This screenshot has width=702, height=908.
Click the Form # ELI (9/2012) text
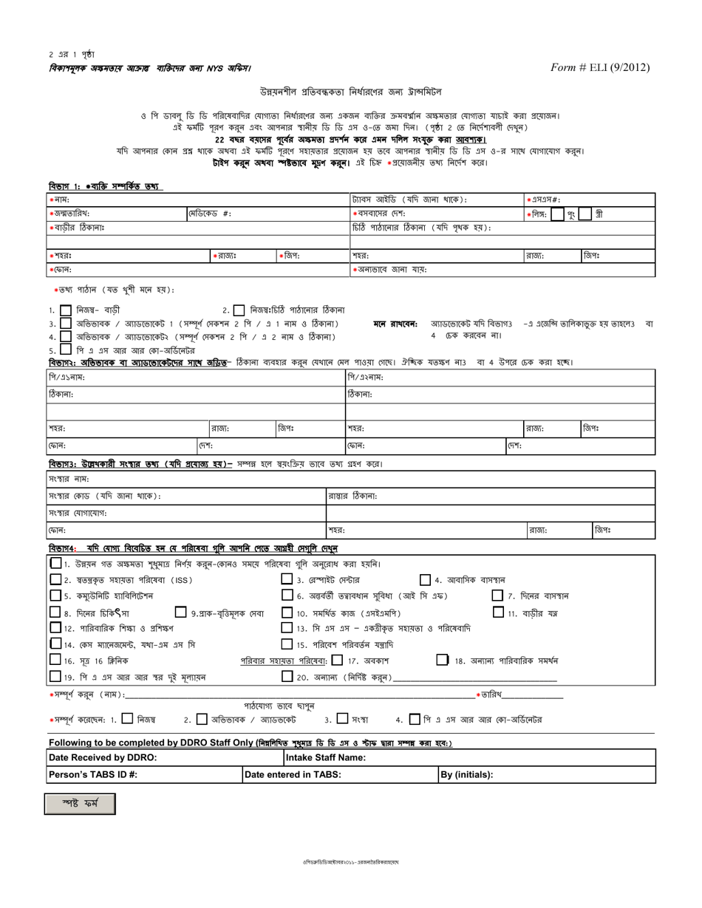click(600, 67)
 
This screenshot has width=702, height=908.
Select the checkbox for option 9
click(180, 612)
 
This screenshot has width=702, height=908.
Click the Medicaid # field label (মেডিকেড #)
click(211, 214)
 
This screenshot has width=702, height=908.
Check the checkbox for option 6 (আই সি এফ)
click(287, 595)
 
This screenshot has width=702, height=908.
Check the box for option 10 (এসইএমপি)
click(287, 612)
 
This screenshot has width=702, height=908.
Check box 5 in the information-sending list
click(65, 350)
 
